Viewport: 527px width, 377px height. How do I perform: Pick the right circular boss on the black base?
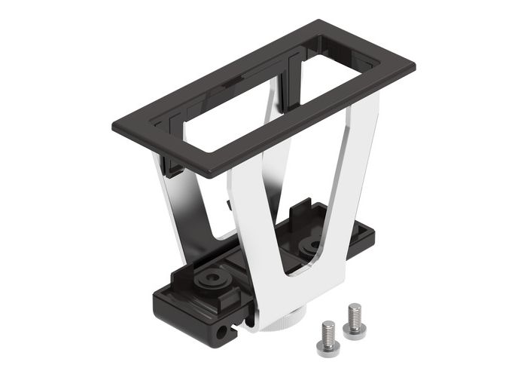[x=310, y=246]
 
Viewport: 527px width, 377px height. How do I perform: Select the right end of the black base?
[x=369, y=238]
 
